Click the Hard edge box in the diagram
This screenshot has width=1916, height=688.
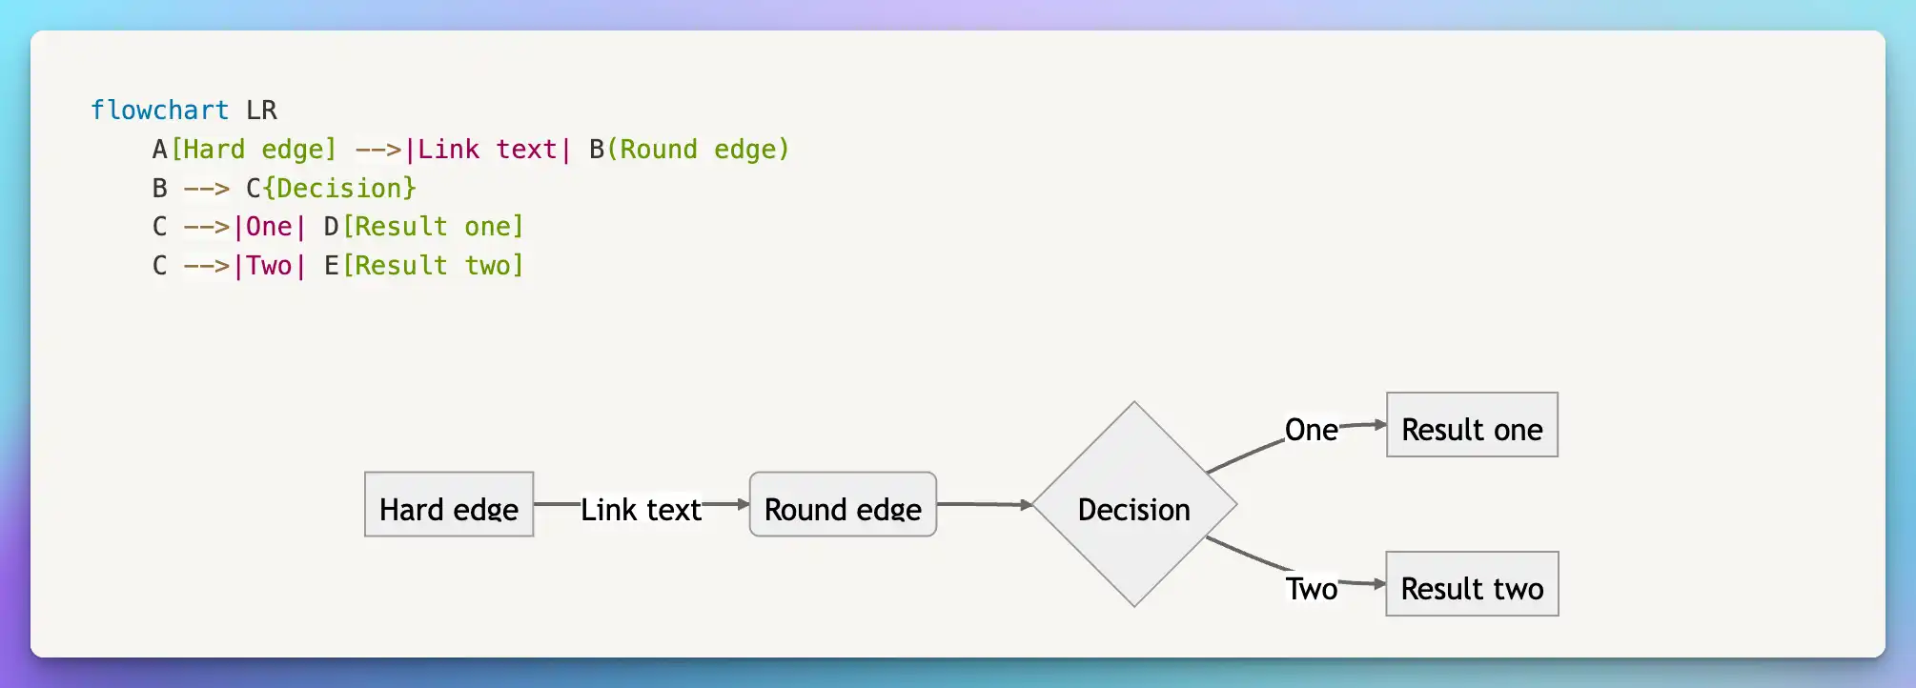tap(449, 504)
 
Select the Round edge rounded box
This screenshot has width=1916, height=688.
tap(843, 504)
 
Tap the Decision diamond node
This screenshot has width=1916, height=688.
tap(1134, 504)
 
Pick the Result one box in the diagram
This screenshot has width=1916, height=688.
tap(1472, 425)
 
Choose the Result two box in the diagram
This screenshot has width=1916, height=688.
tap(1472, 584)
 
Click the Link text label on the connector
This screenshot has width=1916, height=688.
tap(642, 510)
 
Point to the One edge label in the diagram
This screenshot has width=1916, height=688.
tap(1312, 430)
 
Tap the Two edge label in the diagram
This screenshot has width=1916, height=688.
tap(1312, 589)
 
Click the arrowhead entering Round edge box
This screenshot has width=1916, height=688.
tap(744, 504)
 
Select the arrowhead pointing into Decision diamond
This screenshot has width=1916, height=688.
tap(1027, 505)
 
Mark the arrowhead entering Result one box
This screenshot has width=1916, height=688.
tap(1380, 425)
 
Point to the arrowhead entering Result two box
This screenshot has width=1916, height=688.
tap(1380, 584)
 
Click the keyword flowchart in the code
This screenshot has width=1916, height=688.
tap(159, 111)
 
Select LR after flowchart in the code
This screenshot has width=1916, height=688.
tap(261, 111)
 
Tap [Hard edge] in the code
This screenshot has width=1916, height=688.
tap(254, 150)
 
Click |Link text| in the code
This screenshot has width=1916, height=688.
tap(488, 150)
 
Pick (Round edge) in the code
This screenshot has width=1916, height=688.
tap(699, 150)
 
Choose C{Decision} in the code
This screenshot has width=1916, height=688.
tap(332, 189)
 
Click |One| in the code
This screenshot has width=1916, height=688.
tap(270, 227)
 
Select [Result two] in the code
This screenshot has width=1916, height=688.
tap(433, 266)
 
